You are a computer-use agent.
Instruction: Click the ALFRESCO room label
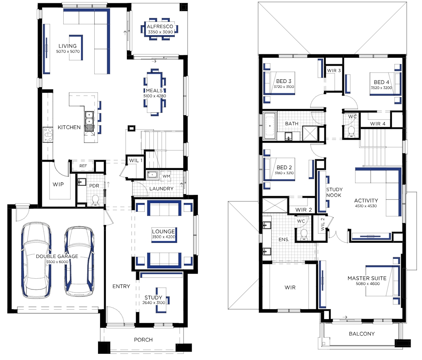click(x=160, y=26)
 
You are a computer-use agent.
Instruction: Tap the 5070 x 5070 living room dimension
click(x=68, y=51)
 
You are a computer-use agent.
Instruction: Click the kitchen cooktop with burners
click(x=48, y=135)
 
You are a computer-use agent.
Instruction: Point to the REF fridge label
click(x=83, y=166)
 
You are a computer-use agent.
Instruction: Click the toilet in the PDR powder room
click(x=95, y=200)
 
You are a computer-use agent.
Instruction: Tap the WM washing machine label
click(x=166, y=176)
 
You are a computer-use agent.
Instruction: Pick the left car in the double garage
click(x=36, y=260)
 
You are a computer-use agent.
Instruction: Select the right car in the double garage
click(x=79, y=261)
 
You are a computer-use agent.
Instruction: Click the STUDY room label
click(x=153, y=297)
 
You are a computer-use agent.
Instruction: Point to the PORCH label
click(x=143, y=340)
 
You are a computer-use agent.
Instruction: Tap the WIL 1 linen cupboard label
click(x=136, y=161)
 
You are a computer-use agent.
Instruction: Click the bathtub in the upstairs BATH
click(x=270, y=126)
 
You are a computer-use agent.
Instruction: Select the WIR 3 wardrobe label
click(x=334, y=71)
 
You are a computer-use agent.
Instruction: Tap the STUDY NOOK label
click(x=334, y=192)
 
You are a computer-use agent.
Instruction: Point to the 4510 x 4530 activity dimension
click(x=366, y=206)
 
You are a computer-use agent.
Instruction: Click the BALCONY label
click(x=362, y=334)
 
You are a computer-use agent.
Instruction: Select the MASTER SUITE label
click(x=367, y=278)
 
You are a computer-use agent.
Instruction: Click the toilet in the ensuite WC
click(x=304, y=234)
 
